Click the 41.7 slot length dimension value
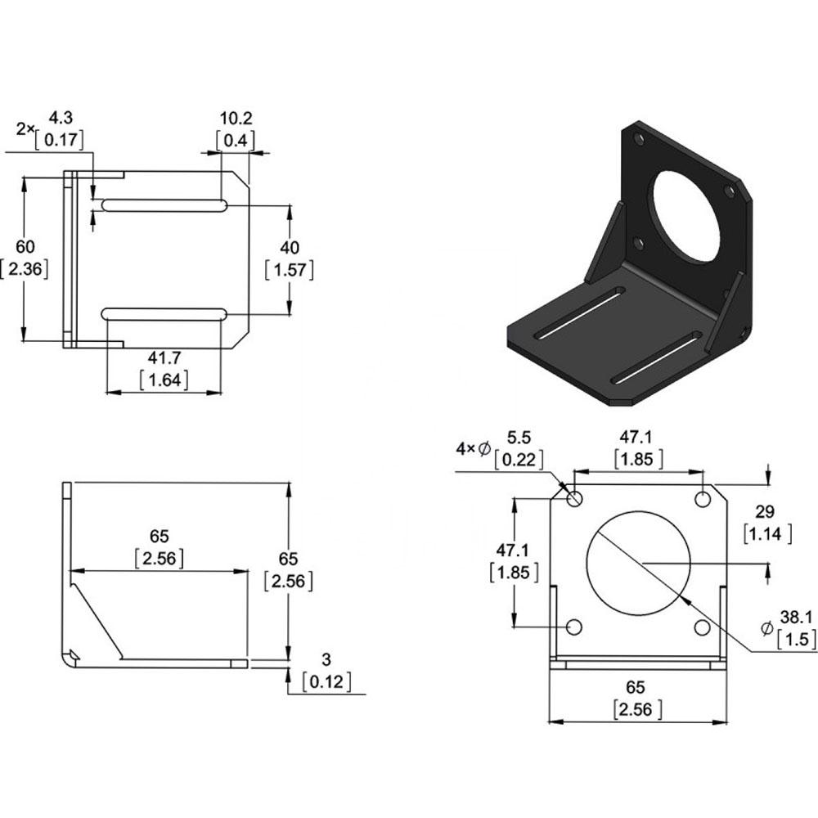[x=164, y=358]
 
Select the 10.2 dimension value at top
[x=236, y=119]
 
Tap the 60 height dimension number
[x=25, y=246]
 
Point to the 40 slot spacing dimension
[x=290, y=247]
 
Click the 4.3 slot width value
[x=61, y=117]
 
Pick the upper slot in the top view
[x=164, y=205]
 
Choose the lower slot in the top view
[x=164, y=314]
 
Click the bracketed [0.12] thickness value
[x=326, y=681]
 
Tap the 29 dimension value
[x=765, y=511]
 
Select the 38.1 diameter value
[x=796, y=617]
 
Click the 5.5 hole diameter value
[x=519, y=437]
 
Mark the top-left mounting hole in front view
[x=574, y=499]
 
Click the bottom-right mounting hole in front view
[x=703, y=627]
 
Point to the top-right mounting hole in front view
[x=703, y=499]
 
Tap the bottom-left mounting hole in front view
[x=574, y=627]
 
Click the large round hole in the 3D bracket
[x=687, y=215]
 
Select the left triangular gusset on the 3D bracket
[x=605, y=243]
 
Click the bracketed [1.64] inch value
[x=164, y=380]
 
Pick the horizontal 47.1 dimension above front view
[x=636, y=437]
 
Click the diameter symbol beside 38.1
[x=767, y=628]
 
